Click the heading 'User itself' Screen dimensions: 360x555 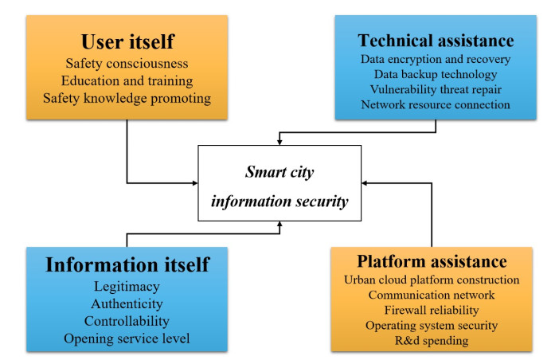coord(127,41)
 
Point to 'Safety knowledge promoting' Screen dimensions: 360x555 coord(127,100)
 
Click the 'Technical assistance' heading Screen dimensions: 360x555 coord(436,40)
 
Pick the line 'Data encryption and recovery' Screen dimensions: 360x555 coord(436,60)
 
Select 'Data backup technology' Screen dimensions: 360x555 coord(436,74)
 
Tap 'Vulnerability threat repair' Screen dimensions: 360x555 coord(436,89)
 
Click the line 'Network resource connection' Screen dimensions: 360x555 coord(436,104)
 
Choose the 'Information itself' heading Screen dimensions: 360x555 coord(127,264)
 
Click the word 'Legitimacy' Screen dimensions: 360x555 coord(127,287)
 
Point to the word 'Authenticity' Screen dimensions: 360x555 coord(127,303)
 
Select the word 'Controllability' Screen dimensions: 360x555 coord(127,321)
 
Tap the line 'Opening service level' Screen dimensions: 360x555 coord(127,338)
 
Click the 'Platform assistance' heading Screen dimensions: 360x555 coord(432,262)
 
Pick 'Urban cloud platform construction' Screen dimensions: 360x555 coord(432,280)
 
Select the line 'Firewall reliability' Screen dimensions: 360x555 coord(432,310)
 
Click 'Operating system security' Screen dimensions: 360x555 coord(432,325)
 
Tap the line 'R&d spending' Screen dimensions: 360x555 coord(432,340)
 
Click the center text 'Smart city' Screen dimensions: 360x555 coord(278,171)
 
